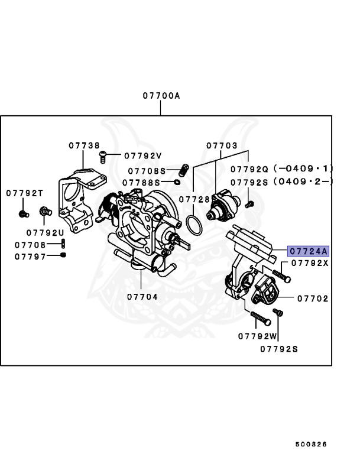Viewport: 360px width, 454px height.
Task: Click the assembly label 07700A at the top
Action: pos(160,95)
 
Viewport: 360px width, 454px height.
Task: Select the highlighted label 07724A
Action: pos(307,251)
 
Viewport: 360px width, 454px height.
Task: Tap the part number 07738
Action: pos(83,145)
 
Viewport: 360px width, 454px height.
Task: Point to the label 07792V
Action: pos(142,156)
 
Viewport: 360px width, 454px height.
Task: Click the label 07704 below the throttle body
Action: pos(142,297)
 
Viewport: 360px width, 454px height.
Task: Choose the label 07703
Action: pos(222,145)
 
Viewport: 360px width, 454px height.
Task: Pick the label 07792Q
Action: pos(249,168)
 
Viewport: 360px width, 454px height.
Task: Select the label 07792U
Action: pos(45,232)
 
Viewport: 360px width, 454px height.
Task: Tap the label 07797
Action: pos(30,256)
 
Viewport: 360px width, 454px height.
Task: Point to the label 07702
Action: pos(312,299)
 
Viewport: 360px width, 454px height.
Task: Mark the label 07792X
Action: pos(309,263)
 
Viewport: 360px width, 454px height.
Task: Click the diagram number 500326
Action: pos(311,444)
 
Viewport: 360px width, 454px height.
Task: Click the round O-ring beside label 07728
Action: pos(194,225)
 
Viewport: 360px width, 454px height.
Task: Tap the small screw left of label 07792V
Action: pos(103,156)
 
